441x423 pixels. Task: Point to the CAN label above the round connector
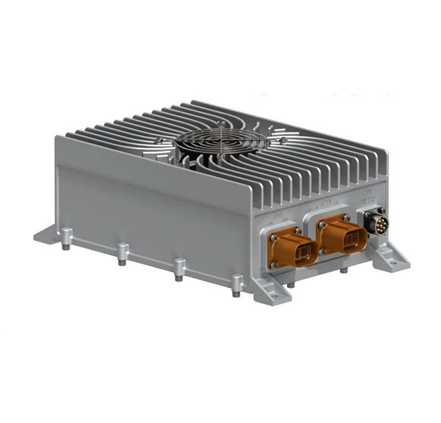pos(367,197)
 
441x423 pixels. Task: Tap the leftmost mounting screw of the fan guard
pos(160,141)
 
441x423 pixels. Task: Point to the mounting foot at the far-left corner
pos(45,232)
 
